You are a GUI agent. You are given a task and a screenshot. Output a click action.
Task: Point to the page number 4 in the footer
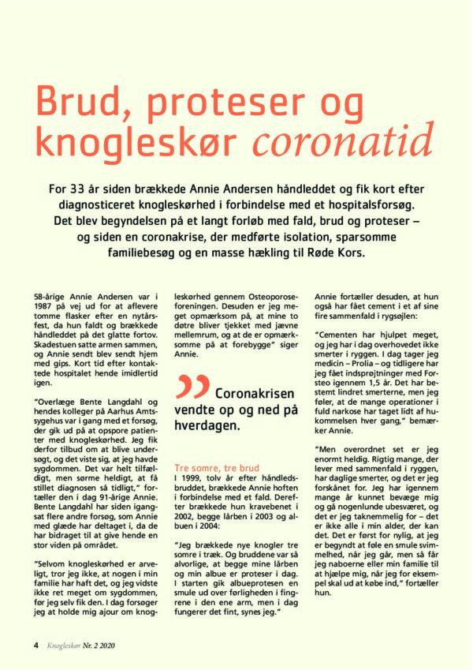click(x=35, y=645)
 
